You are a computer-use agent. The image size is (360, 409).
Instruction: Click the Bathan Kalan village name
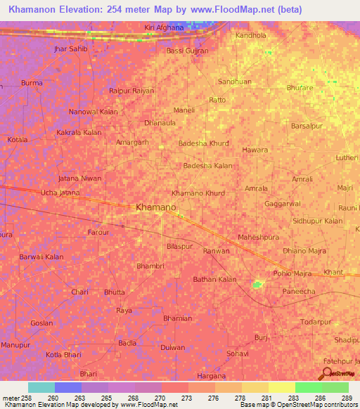click(x=214, y=279)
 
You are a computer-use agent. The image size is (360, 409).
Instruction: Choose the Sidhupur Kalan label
click(x=318, y=221)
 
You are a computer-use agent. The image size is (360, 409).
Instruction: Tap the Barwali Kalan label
click(x=41, y=257)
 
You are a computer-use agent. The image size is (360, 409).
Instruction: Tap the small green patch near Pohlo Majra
click(x=258, y=285)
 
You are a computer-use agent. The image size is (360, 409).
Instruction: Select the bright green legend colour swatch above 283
click(x=308, y=387)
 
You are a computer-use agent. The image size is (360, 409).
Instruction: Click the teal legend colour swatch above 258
click(x=41, y=387)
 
